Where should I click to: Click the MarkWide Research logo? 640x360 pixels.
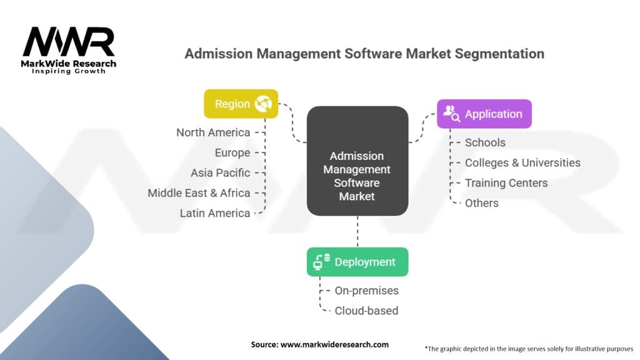pos(69,49)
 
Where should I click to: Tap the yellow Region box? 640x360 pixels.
pos(241,104)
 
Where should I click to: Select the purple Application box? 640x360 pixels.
pos(484,114)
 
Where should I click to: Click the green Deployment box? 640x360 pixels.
pos(357,262)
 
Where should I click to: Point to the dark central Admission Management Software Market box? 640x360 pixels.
pos(357,161)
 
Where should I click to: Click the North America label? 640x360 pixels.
pos(212,132)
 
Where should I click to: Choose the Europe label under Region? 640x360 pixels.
pos(232,152)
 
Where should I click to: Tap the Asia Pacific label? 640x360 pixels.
pos(220,172)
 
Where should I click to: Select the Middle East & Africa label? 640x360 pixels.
pos(199,192)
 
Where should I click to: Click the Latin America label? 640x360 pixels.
pos(214,213)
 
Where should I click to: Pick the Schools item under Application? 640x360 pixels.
pos(485,142)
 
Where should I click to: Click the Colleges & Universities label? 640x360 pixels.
pos(522,162)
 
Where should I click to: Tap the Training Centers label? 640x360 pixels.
pos(506,182)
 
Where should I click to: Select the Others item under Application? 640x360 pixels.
pos(481,203)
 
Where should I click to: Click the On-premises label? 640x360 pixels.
pos(366,291)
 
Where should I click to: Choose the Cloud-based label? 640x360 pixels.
pos(366,311)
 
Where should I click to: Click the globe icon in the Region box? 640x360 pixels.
pos(263,104)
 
